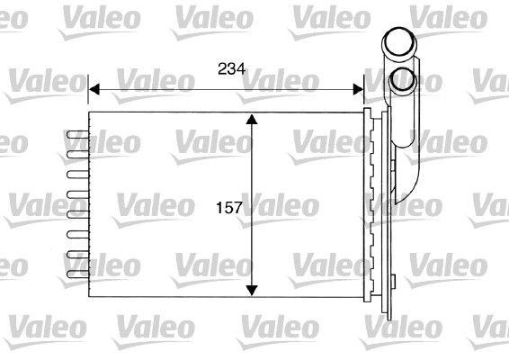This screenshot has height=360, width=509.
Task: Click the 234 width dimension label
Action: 231,69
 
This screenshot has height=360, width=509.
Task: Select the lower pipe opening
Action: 402,80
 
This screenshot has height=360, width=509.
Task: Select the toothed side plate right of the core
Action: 369,207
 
